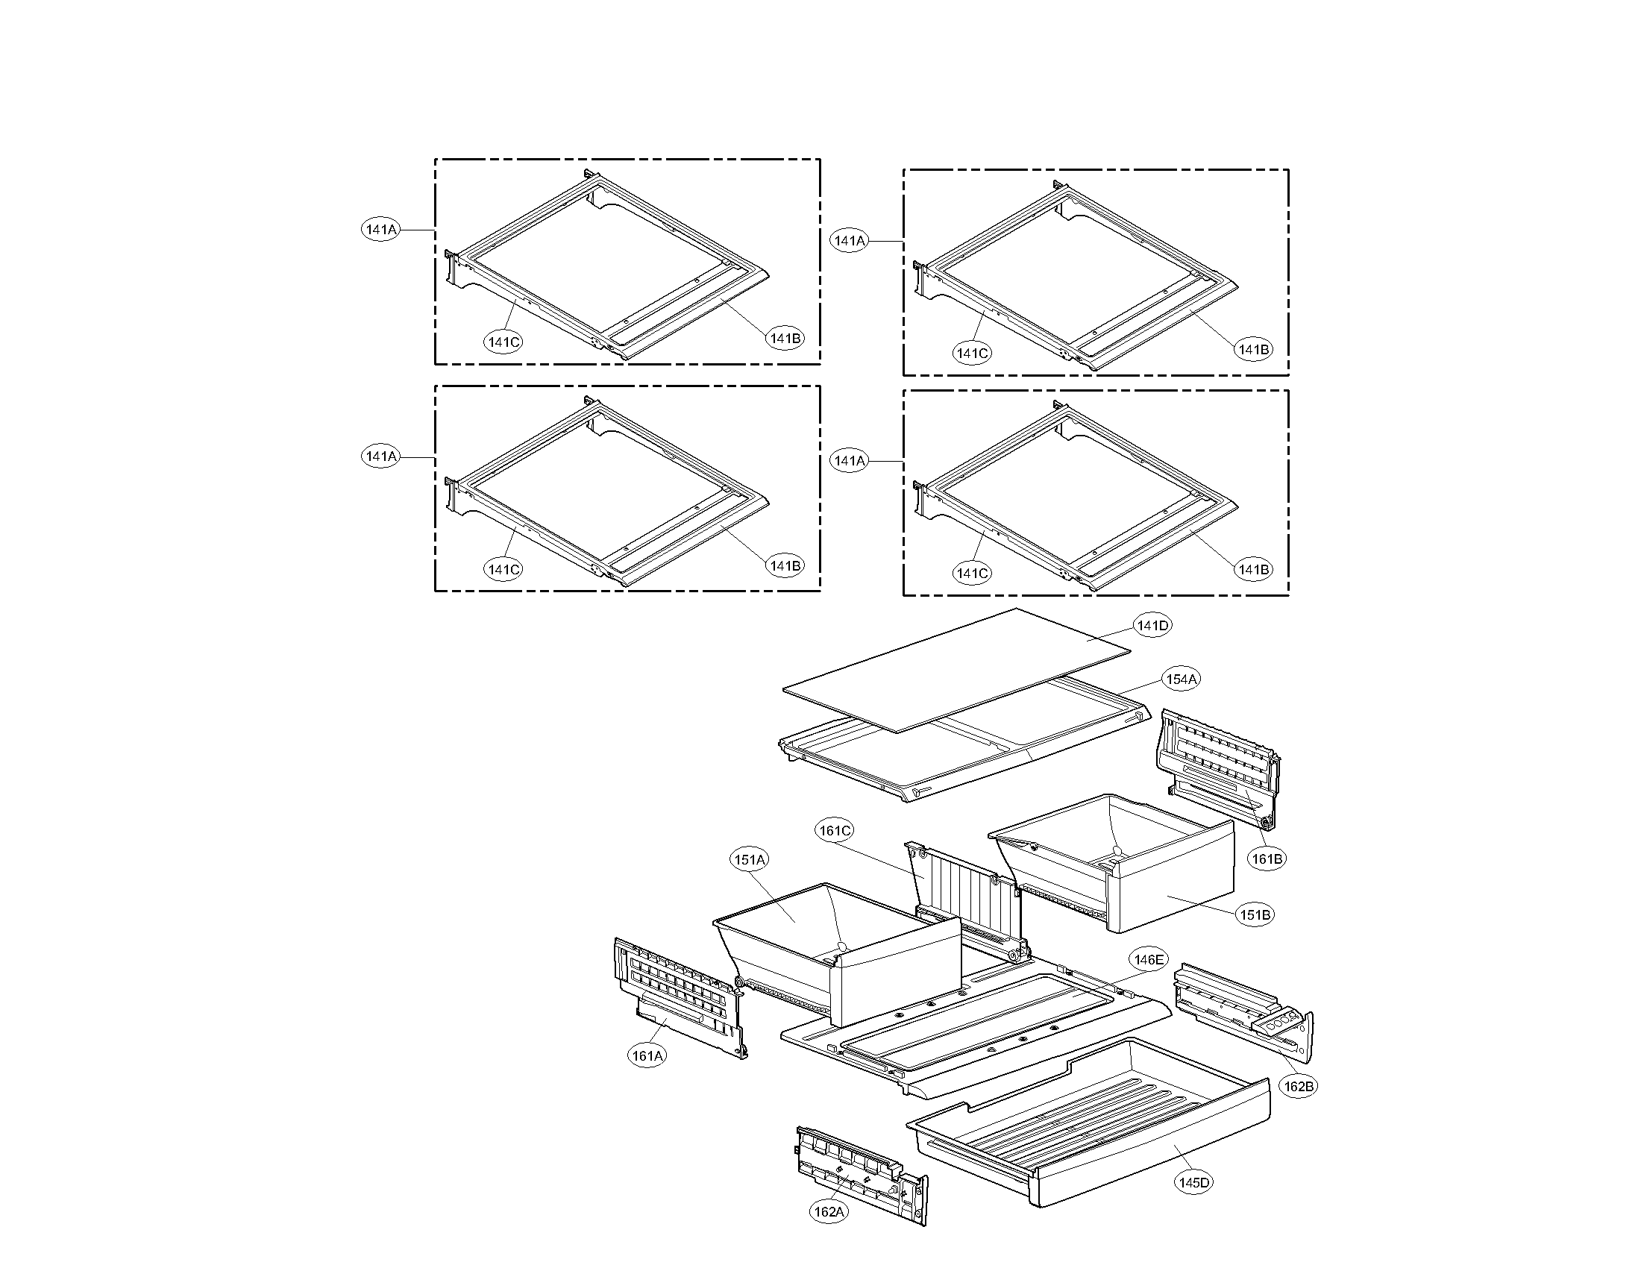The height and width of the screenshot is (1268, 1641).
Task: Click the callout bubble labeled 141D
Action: point(1152,625)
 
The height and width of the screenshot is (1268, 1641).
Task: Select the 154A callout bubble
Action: point(1182,679)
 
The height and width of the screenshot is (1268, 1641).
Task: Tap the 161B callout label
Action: point(1267,859)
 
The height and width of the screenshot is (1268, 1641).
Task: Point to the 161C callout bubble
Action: point(835,831)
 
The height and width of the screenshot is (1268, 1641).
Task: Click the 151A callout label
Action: point(750,860)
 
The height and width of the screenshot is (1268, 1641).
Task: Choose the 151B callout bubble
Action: point(1255,915)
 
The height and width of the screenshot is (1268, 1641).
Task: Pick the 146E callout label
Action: point(1149,959)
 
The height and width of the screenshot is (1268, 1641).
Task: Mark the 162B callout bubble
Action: point(1299,1086)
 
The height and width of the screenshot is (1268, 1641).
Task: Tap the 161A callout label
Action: point(647,1055)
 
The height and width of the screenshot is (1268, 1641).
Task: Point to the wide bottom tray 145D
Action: point(1090,1127)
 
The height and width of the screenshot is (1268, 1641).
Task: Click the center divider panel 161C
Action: point(969,894)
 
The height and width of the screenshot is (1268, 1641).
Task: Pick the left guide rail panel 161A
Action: point(677,991)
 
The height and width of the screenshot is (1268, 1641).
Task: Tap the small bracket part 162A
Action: point(856,1172)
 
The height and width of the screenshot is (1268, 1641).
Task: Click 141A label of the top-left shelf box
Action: point(381,230)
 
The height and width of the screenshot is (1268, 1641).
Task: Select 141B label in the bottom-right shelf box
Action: point(1253,570)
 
